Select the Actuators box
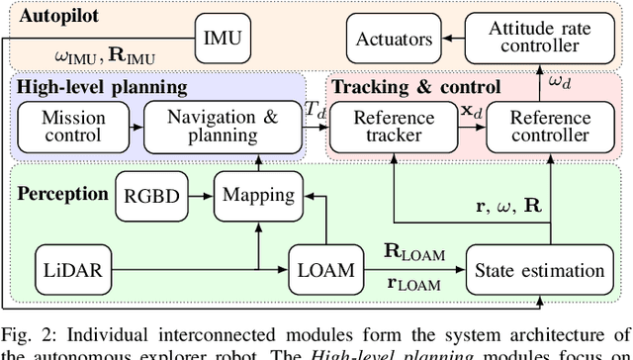point(393,40)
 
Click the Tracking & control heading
point(415,87)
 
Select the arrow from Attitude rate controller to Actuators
point(455,40)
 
